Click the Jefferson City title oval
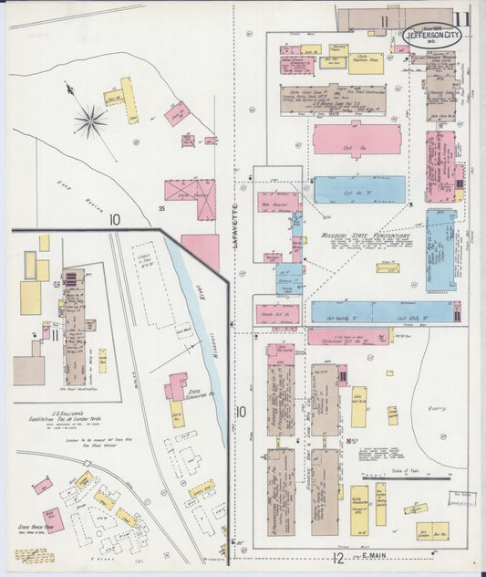pos(432,34)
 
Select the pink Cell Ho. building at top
pos(357,140)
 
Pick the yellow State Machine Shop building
pos(365,62)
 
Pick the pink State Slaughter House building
pos(175,385)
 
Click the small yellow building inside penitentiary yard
pos(388,268)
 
